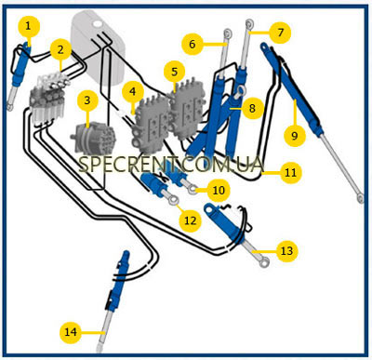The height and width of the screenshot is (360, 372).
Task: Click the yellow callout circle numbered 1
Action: pyautogui.click(x=29, y=26)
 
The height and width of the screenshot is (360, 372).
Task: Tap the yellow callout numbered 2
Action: pyautogui.click(x=60, y=49)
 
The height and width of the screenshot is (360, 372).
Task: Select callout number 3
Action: pyautogui.click(x=87, y=100)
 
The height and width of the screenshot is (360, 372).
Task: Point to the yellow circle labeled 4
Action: pyautogui.click(x=133, y=91)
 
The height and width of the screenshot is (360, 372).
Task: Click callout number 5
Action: pyautogui.click(x=175, y=72)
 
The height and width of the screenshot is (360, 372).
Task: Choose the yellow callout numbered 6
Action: pyautogui.click(x=193, y=44)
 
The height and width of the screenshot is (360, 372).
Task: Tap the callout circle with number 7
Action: pyautogui.click(x=281, y=32)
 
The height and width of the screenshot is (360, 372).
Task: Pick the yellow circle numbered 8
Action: pyautogui.click(x=252, y=108)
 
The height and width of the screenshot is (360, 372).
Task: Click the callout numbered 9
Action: pyautogui.click(x=294, y=136)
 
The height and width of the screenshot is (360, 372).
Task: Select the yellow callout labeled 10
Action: pyautogui.click(x=219, y=190)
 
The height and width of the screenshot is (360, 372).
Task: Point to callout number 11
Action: pyautogui.click(x=290, y=172)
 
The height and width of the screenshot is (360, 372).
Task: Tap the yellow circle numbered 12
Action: pyautogui.click(x=191, y=220)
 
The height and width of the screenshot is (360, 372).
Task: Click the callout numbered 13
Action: pyautogui.click(x=286, y=250)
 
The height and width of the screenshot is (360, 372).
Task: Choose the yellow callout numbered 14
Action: pyautogui.click(x=71, y=332)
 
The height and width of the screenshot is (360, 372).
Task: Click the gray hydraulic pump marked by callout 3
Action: pyautogui.click(x=93, y=138)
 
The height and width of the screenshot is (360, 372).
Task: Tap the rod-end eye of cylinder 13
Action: pyautogui.click(x=264, y=262)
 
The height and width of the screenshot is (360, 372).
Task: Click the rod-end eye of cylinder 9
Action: pyautogui.click(x=360, y=197)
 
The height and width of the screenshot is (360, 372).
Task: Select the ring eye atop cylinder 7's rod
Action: pyautogui.click(x=249, y=23)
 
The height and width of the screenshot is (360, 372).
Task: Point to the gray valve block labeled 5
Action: pyautogui.click(x=186, y=110)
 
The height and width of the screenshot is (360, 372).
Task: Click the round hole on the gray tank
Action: pyautogui.click(x=98, y=23)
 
